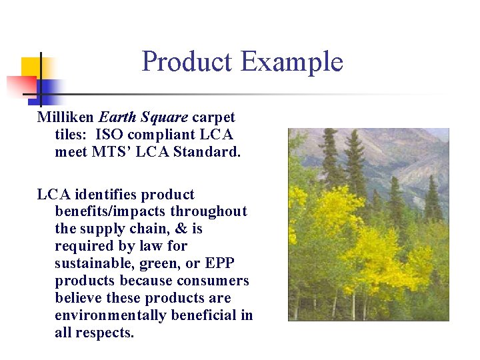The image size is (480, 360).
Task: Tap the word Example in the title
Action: (291, 62)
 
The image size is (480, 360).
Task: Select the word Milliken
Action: (65, 117)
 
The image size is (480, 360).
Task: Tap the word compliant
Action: (166, 135)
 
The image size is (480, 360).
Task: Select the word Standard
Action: (207, 152)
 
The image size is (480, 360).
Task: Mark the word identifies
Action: (108, 195)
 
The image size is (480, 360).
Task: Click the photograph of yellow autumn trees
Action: (368, 225)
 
